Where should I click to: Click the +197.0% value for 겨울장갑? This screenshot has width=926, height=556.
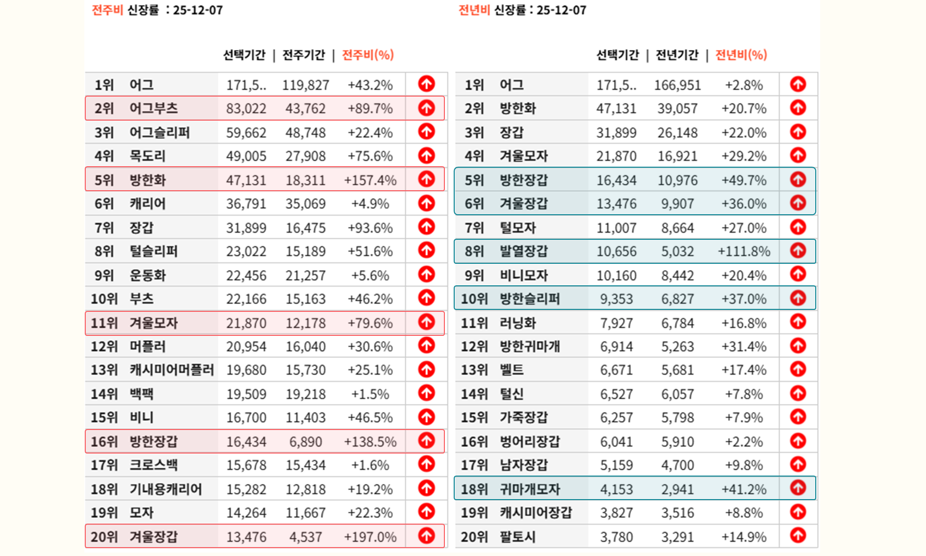(x=370, y=537)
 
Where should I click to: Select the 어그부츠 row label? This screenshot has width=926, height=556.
(x=153, y=108)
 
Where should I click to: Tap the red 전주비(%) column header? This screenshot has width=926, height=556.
(x=367, y=55)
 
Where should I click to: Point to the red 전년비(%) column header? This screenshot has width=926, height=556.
(x=741, y=55)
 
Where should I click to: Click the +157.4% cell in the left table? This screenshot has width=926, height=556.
(x=370, y=180)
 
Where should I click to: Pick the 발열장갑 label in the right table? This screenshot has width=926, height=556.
(x=523, y=252)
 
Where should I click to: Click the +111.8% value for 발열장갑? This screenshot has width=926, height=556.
(x=744, y=252)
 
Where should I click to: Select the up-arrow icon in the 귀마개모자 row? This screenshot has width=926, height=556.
(x=798, y=488)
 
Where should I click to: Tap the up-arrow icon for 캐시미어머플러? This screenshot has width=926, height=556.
(x=426, y=369)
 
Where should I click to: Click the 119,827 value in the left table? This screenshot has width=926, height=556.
(x=305, y=85)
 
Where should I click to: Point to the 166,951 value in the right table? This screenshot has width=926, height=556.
(x=677, y=85)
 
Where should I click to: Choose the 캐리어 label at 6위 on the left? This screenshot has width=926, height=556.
(x=147, y=204)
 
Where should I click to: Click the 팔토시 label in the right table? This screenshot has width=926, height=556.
(x=517, y=537)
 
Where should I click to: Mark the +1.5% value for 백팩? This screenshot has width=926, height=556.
(x=370, y=394)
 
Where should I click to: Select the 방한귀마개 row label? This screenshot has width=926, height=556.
(x=530, y=347)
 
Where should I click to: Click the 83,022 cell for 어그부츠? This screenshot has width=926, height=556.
(x=246, y=108)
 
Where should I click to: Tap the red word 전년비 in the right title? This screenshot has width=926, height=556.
(x=474, y=10)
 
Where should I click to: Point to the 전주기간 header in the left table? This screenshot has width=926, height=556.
(x=304, y=55)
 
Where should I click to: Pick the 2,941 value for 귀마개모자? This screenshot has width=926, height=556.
(x=677, y=489)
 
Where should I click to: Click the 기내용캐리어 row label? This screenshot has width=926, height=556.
(x=166, y=489)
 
